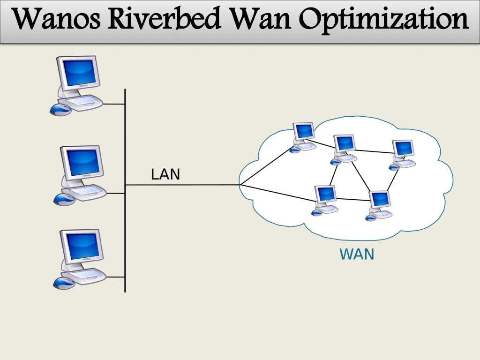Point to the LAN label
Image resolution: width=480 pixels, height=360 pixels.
165,175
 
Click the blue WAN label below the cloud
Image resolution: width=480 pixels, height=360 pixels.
357,255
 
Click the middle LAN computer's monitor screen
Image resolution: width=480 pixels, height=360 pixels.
82,161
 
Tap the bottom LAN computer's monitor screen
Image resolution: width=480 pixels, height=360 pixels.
82,245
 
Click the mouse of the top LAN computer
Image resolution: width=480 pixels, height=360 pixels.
60,110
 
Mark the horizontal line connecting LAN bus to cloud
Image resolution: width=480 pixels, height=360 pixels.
183,185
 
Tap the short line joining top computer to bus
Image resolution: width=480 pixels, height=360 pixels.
114,104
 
